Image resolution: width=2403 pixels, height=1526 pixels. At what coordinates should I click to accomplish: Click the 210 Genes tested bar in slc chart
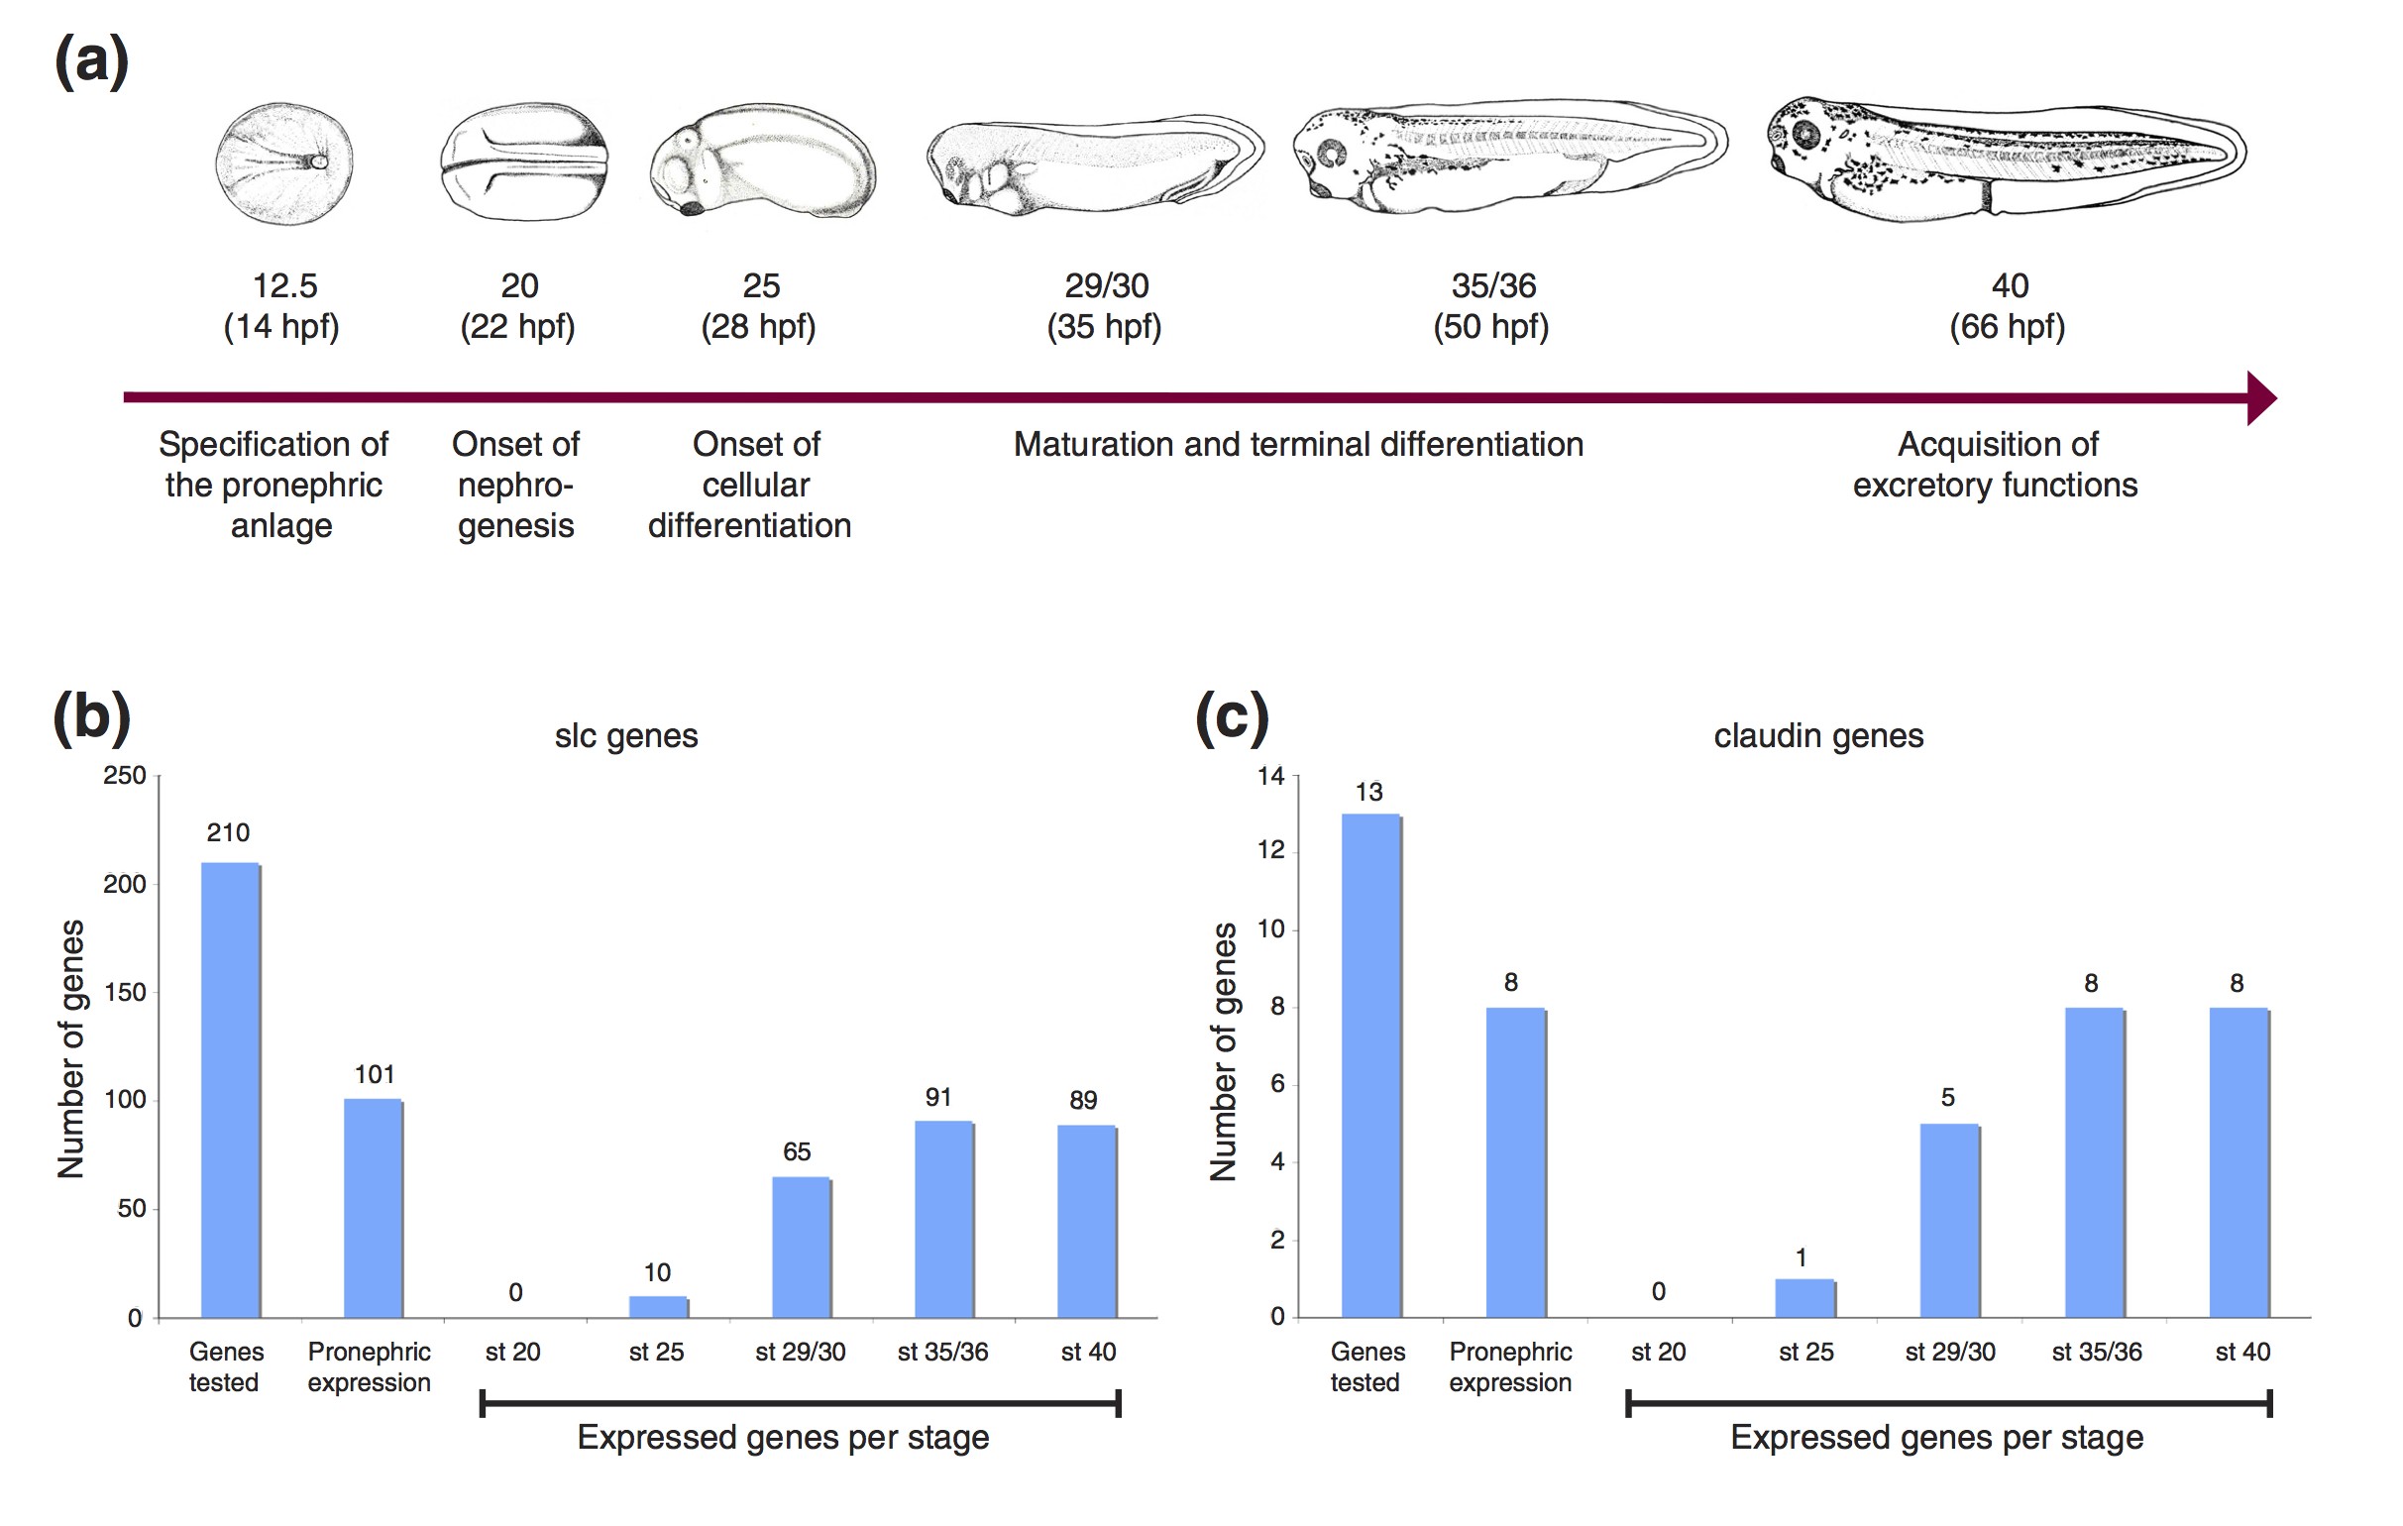pos(231,1090)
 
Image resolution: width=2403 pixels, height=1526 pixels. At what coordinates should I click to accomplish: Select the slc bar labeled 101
pos(374,1208)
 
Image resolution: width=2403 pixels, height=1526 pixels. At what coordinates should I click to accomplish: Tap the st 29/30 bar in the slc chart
pos(802,1248)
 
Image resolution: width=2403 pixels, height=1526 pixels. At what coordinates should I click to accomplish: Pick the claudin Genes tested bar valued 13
pos(1371,1066)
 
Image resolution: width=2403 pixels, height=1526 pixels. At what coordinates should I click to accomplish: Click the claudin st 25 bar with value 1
pos(1804,1297)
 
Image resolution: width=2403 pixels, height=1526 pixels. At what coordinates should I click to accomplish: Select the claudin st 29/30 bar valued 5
pos(1950,1221)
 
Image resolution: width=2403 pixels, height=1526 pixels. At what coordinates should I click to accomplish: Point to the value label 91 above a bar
pos(938,1098)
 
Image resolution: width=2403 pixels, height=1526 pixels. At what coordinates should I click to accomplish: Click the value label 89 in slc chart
pos(1083,1100)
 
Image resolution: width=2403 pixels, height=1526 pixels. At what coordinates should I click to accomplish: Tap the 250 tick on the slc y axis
pos(125,776)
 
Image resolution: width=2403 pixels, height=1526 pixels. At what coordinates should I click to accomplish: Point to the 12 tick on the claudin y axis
pos(1270,850)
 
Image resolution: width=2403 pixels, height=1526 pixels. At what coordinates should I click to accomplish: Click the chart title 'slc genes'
pos(625,736)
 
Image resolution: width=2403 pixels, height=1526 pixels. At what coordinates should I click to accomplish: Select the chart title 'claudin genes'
pos(1818,736)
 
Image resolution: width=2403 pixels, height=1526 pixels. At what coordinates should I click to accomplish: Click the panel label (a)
pos(91,61)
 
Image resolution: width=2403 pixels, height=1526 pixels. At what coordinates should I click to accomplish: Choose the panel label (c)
pos(1232,717)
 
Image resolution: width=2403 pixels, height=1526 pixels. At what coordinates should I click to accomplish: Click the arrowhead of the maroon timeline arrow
pos(2260,398)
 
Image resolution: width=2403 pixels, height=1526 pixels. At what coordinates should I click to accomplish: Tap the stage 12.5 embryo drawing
pos(284,163)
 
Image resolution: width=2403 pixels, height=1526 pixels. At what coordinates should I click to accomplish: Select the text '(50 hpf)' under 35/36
pos(1491,326)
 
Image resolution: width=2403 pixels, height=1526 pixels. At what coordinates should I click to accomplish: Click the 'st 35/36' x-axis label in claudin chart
pos(2097,1353)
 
